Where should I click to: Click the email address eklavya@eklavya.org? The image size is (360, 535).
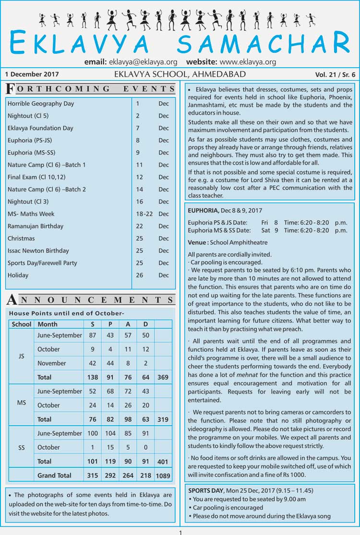point(143,62)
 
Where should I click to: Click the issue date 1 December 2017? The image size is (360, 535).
point(32,74)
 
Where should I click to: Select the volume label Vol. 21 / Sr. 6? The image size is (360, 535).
point(336,75)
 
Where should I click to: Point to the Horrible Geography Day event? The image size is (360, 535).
point(41,103)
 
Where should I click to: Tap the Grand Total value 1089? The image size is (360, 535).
point(163,476)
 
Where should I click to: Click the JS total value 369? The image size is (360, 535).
point(163,377)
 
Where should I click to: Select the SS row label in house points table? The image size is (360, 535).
point(22,447)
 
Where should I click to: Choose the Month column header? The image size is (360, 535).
point(48,324)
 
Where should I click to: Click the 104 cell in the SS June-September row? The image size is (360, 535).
point(110,433)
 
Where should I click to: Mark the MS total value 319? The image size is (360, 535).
point(163,419)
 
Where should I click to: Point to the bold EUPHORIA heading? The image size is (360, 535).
point(204,211)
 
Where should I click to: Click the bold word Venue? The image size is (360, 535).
point(197,243)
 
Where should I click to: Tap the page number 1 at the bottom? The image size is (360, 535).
point(180,532)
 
